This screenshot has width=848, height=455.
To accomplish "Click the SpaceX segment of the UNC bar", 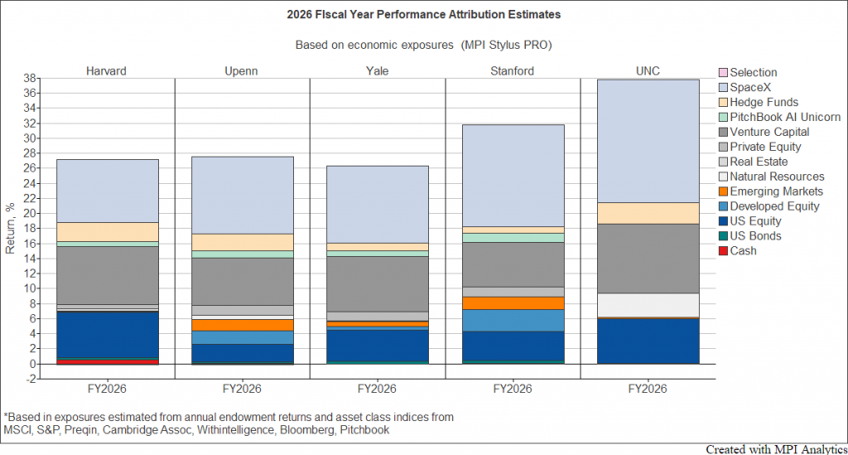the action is (x=648, y=141).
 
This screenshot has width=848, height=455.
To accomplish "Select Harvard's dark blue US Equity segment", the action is (x=107, y=335).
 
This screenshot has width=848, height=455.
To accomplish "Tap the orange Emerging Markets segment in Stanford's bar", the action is (x=513, y=303).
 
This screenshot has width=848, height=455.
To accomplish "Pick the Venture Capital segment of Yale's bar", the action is (x=378, y=284).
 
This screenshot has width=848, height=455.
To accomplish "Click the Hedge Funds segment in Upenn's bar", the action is (x=243, y=242).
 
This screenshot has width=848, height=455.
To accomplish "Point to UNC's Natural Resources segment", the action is (x=648, y=305).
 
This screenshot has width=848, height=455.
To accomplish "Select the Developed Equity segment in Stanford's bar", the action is (x=513, y=321).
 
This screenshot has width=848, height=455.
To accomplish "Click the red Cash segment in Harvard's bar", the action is (x=107, y=362).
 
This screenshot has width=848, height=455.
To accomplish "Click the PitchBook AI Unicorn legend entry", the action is (x=779, y=118).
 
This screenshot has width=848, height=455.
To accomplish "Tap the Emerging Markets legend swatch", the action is (x=723, y=191).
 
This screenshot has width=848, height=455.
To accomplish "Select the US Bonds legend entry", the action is (x=750, y=236).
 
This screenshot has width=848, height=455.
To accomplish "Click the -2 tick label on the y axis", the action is (x=31, y=380).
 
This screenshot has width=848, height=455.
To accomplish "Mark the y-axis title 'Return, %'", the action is (x=10, y=229).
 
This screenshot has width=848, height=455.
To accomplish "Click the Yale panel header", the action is (x=377, y=71).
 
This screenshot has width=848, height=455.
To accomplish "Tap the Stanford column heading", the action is (x=512, y=71).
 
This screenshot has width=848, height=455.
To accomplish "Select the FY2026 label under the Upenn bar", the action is (x=242, y=389).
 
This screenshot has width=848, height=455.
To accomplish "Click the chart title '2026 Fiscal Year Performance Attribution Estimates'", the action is (x=423, y=15).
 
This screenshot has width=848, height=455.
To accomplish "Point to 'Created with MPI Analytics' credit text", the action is (x=777, y=449).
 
